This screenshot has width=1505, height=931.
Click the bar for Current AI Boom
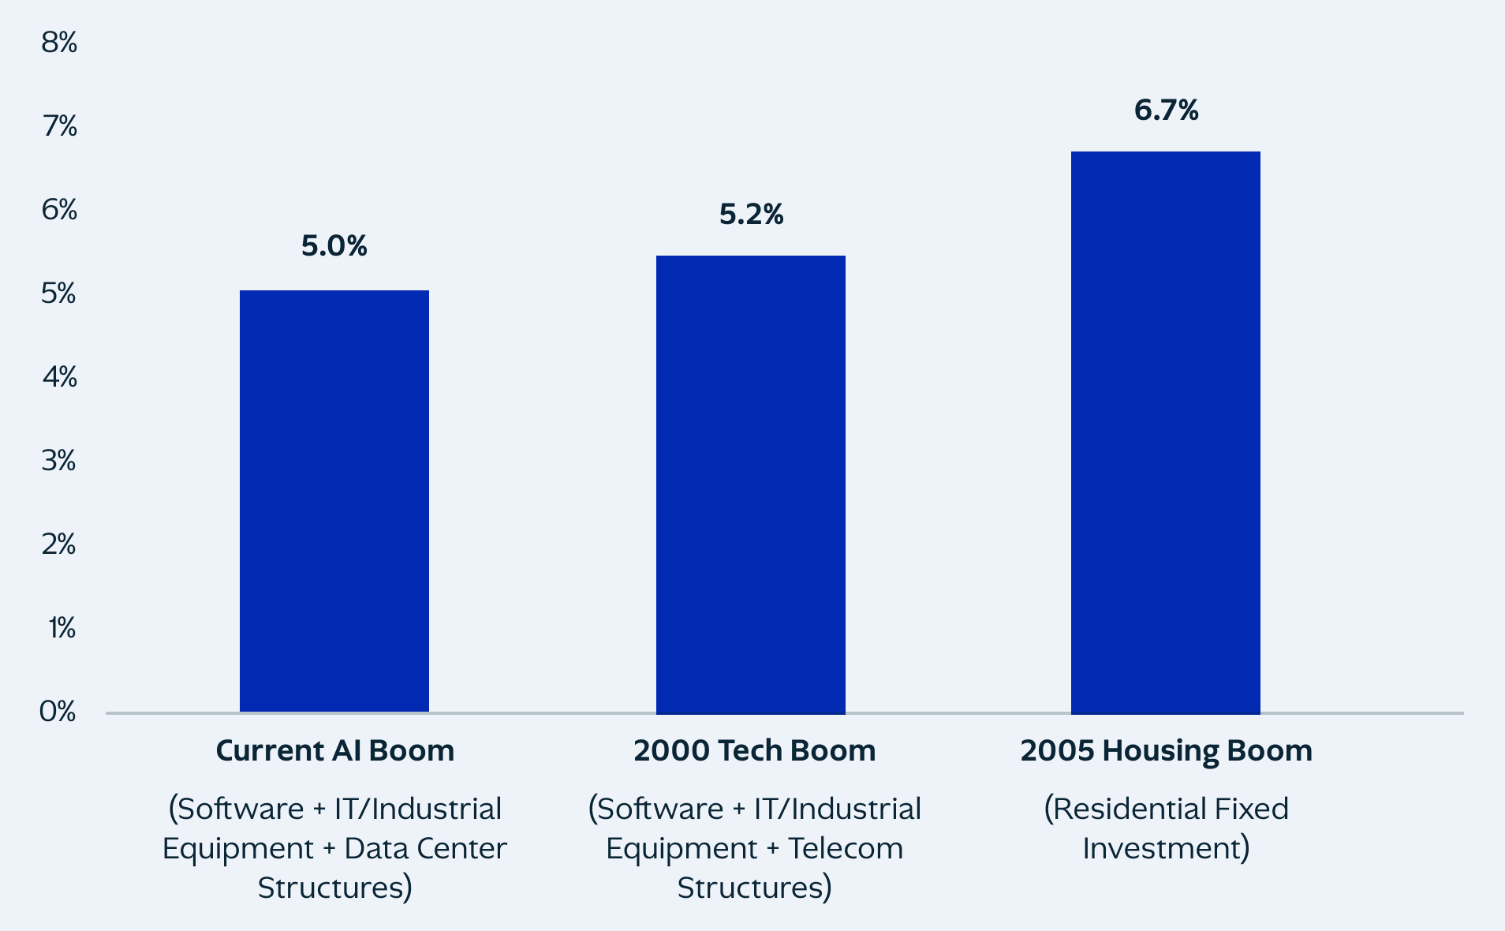334,501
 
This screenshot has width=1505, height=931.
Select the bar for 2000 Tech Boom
750,484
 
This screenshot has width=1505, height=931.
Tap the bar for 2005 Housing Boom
1165,432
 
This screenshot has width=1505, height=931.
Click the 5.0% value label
334,246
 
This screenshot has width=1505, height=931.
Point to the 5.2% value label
751,215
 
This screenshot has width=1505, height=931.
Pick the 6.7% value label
1166,110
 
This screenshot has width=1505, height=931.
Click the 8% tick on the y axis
59,43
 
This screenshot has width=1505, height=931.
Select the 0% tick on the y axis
58,712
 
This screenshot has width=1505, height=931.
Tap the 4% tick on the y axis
59,377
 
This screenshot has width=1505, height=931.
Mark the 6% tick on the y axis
59,210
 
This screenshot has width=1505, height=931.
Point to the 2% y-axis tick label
59,544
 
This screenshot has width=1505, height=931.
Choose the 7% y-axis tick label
59,126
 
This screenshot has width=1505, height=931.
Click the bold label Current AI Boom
334,750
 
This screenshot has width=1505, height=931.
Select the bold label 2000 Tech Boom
754,750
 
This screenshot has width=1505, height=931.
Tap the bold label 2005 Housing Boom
1166,750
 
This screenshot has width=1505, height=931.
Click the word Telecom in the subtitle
845,848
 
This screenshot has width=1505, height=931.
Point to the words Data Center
425,848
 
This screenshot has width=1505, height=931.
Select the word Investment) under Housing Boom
1166,848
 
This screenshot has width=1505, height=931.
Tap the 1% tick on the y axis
62,628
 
